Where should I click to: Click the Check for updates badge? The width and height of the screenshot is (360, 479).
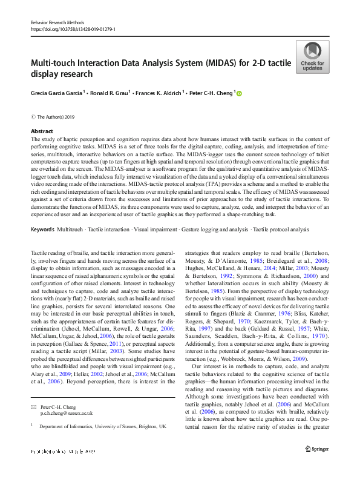pos(312,57)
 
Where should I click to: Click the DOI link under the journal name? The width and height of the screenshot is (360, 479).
pos(73,29)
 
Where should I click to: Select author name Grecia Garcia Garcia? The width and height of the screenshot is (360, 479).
pos(59,94)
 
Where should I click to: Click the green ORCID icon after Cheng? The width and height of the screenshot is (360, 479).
pos(238,94)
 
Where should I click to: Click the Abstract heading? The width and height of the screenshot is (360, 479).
pos(42,131)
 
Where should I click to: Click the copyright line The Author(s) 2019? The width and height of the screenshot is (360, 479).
pos(56,116)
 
